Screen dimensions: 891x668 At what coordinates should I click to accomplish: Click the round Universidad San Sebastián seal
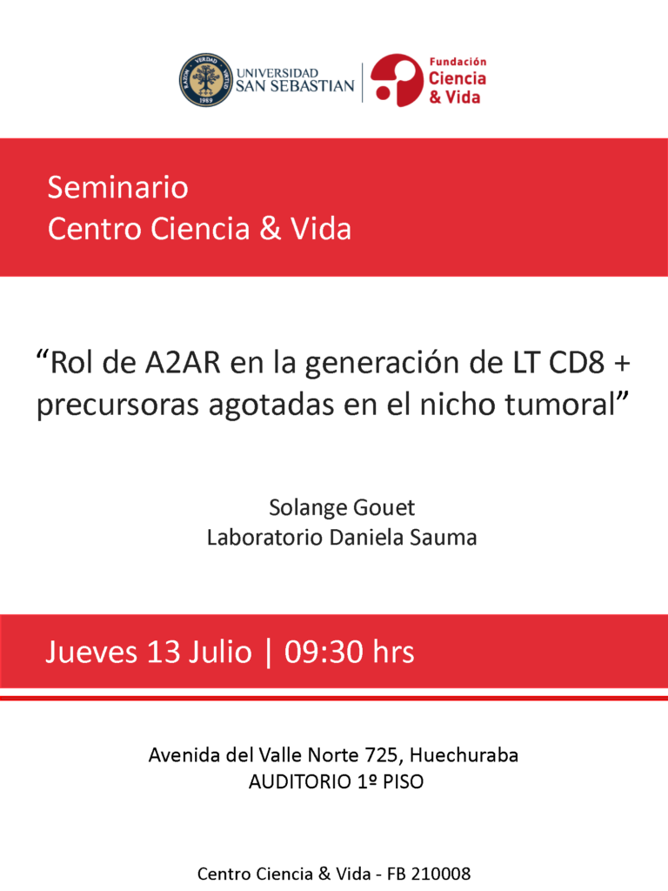tap(206, 80)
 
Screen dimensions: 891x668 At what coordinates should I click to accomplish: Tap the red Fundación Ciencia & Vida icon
tap(397, 80)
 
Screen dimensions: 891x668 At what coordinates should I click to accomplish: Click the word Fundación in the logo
tap(458, 62)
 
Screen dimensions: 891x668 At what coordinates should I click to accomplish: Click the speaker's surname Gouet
tap(384, 507)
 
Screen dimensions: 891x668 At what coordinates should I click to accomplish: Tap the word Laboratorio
tap(264, 538)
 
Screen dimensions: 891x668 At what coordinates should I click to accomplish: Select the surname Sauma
tap(445, 538)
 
